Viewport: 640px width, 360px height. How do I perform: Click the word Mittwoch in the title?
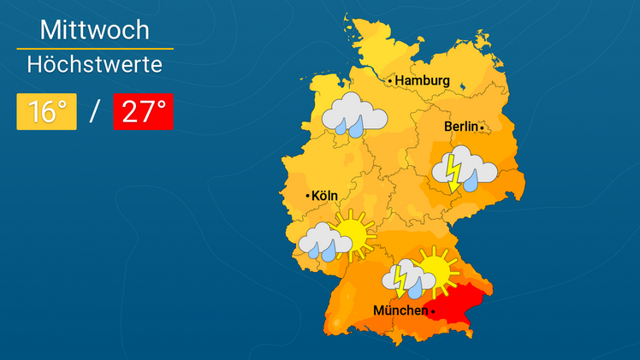pyautogui.click(x=95, y=31)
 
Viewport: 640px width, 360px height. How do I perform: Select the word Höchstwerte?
pyautogui.click(x=95, y=63)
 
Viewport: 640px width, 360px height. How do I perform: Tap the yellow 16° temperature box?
pyautogui.click(x=47, y=112)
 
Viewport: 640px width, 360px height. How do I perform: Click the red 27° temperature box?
pyautogui.click(x=143, y=112)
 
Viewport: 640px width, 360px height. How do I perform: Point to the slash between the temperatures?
pyautogui.click(x=95, y=112)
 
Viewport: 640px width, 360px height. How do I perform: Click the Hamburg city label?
pyautogui.click(x=423, y=80)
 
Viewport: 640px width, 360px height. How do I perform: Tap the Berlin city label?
pyautogui.click(x=460, y=127)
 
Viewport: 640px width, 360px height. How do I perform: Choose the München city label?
pyautogui.click(x=400, y=310)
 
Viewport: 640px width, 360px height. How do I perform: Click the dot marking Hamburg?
pyautogui.click(x=391, y=81)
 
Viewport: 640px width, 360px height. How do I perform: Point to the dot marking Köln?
pyautogui.click(x=308, y=197)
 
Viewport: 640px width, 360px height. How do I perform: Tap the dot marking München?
pyautogui.click(x=433, y=311)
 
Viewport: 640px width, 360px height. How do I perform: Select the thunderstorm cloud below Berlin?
pyautogui.click(x=464, y=168)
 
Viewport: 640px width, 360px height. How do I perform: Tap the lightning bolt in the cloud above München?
pyautogui.click(x=400, y=278)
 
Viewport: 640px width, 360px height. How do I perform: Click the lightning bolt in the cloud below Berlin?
pyautogui.click(x=453, y=171)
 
